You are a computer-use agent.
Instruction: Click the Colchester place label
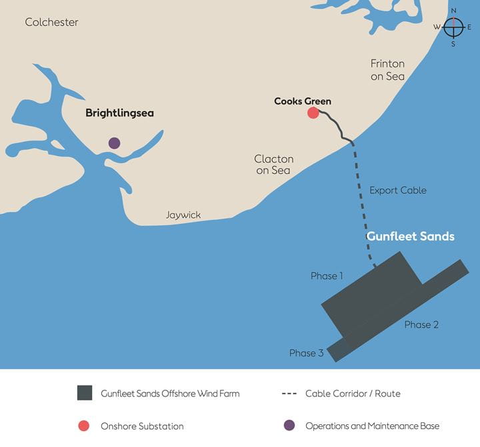51,22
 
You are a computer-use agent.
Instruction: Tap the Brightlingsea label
119,113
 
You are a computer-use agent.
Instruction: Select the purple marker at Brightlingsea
114,143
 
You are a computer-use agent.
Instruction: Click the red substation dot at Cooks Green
313,113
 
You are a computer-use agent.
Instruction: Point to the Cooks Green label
303,101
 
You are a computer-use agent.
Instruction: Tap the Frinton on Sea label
387,70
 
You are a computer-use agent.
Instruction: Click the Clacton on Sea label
273,165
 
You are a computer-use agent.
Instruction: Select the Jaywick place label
183,215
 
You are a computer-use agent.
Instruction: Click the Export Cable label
398,191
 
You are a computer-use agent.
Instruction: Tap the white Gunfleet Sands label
411,236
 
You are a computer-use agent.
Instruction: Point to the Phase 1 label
327,276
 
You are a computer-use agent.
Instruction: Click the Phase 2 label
421,324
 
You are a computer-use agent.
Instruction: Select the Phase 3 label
306,353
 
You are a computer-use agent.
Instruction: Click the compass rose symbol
453,27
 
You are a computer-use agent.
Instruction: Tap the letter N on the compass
453,11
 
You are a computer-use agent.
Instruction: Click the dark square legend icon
84,393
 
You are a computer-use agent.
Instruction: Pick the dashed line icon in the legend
289,393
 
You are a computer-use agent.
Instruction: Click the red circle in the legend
84,426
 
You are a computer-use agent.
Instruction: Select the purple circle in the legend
289,426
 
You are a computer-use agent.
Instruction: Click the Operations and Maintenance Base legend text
372,426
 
